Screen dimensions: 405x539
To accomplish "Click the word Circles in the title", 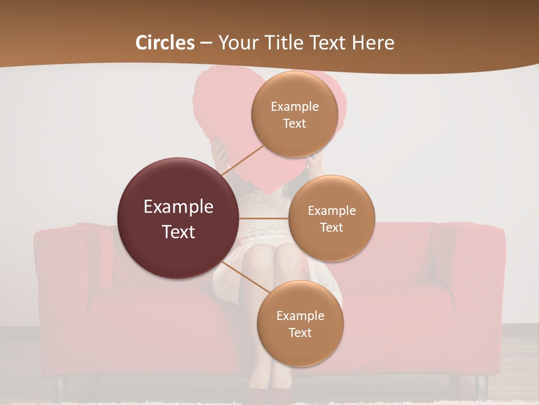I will tap(165, 43).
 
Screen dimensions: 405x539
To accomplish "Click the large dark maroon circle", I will tap(179, 218).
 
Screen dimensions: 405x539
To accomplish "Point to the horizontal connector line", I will tap(264, 218).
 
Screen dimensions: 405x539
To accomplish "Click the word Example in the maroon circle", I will tap(179, 206).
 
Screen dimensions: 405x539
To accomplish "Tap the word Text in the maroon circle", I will tap(179, 232).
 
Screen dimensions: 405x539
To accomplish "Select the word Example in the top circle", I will tap(294, 106).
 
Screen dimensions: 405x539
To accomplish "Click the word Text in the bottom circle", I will tap(300, 332).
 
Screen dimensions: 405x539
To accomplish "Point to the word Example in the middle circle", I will tap(331, 210).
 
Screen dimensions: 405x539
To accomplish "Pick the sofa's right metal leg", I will tap(481, 386).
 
